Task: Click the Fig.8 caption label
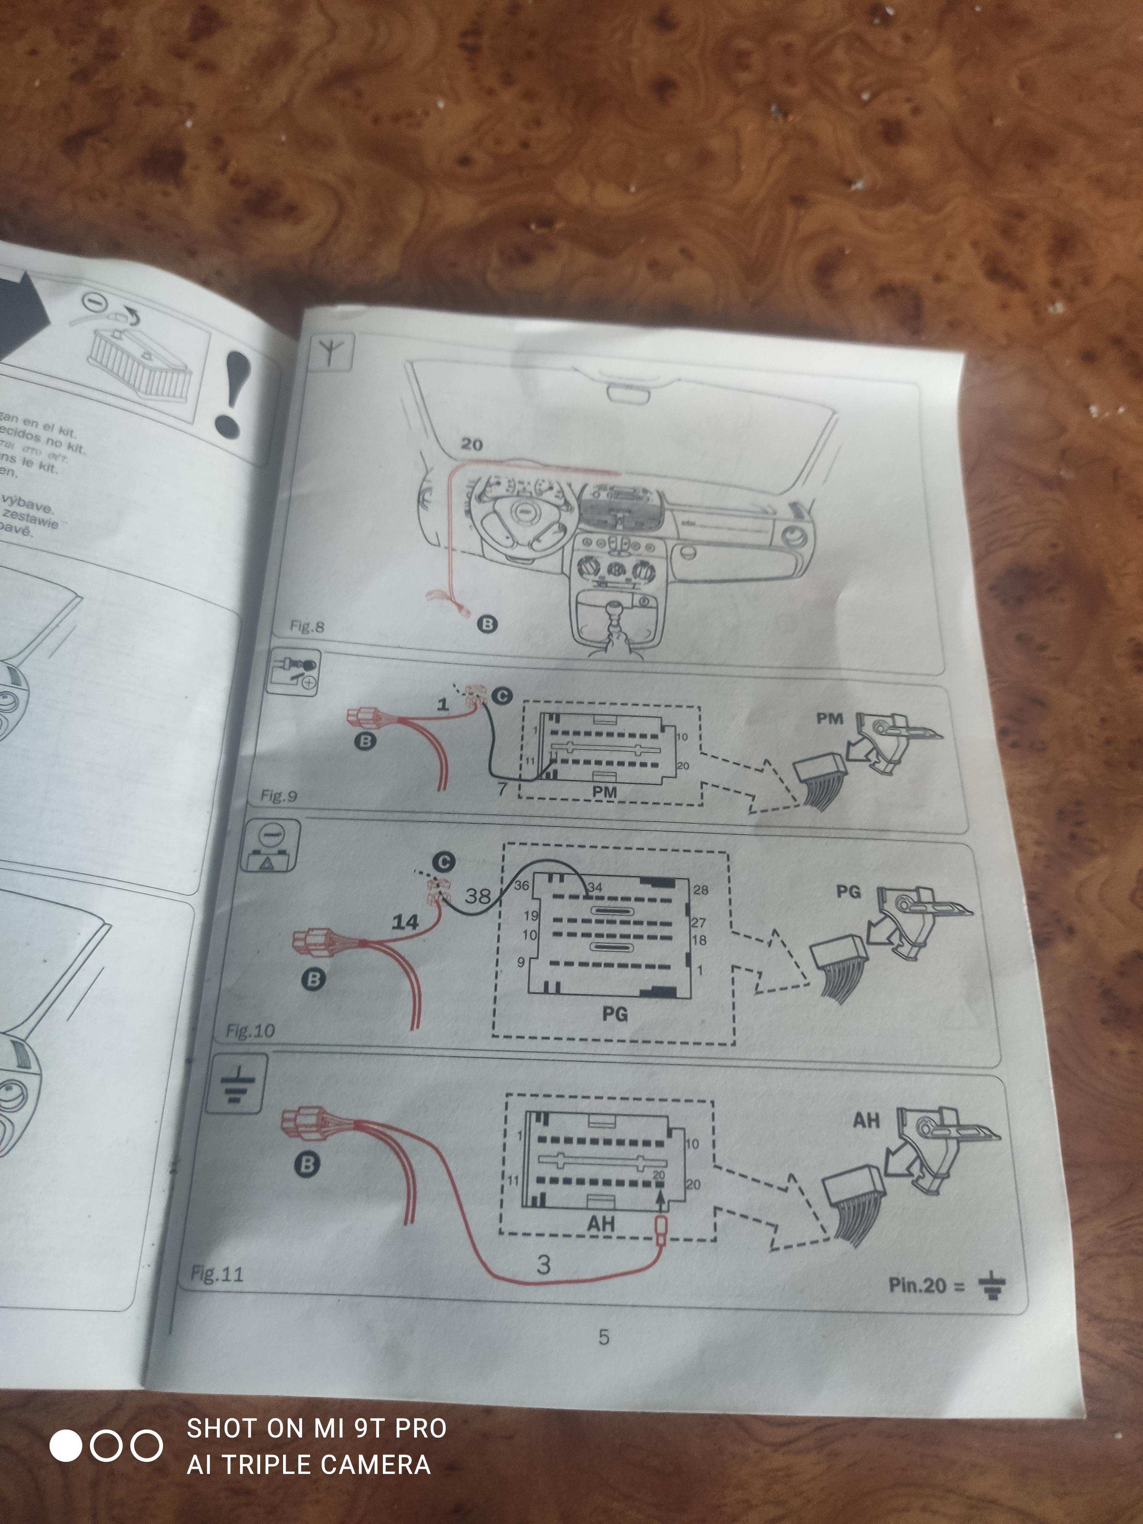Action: pyautogui.click(x=307, y=626)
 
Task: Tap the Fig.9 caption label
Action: pyautogui.click(x=279, y=796)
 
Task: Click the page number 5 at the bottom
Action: pyautogui.click(x=604, y=1337)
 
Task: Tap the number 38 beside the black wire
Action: pyautogui.click(x=477, y=896)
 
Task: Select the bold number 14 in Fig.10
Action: pyautogui.click(x=405, y=922)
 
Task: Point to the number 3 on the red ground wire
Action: pyautogui.click(x=544, y=1264)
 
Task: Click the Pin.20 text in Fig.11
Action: pyautogui.click(x=925, y=1285)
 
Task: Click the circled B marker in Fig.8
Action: pyautogui.click(x=487, y=624)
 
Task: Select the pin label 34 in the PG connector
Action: pyautogui.click(x=595, y=887)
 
